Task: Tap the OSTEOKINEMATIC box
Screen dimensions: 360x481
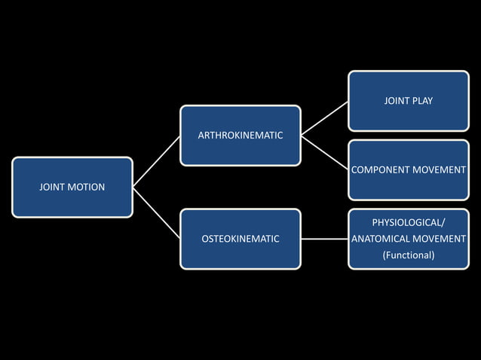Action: [x=240, y=239]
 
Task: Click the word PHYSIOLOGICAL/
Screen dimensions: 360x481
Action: [x=409, y=222]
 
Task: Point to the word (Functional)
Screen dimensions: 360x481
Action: [x=409, y=255]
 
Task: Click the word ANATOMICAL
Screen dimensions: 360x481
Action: [x=381, y=239]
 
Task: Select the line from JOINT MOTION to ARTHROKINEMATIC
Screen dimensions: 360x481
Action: [x=157, y=161]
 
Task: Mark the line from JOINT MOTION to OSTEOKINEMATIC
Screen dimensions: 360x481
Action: [x=157, y=213]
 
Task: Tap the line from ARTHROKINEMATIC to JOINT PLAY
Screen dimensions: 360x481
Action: [x=324, y=118]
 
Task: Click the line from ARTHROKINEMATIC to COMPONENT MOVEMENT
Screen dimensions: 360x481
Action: [x=324, y=152]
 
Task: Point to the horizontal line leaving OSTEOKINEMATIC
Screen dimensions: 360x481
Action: [x=324, y=239]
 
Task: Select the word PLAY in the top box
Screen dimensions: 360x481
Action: [x=421, y=100]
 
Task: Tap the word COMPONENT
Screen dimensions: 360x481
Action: [x=380, y=169]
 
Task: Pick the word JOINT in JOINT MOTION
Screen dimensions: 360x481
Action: [x=53, y=187]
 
